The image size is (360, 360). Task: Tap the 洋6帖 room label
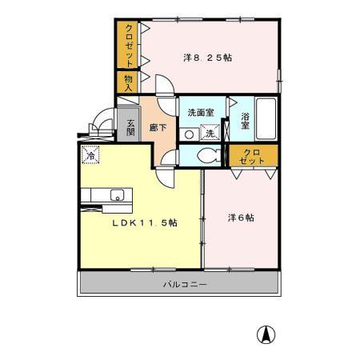click(x=240, y=216)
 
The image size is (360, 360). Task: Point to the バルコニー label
click(x=180, y=285)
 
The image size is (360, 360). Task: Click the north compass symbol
click(x=262, y=334)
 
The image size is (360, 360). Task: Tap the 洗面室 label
click(x=201, y=113)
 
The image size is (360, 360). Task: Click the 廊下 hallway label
click(x=157, y=127)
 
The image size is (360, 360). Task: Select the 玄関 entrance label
click(x=129, y=128)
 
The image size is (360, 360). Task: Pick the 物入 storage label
click(x=128, y=82)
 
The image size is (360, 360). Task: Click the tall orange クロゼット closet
click(x=128, y=45)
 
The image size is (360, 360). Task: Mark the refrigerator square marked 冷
click(x=91, y=155)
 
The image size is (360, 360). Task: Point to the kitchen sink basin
click(x=117, y=194)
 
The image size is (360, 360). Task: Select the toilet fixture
click(x=210, y=155)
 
